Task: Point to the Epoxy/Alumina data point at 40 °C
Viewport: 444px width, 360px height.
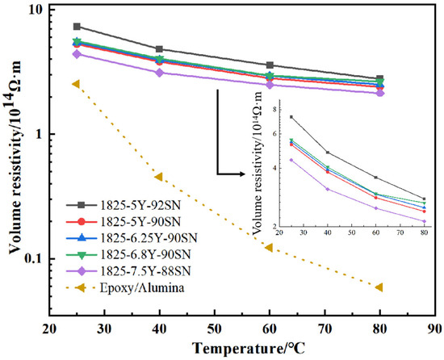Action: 159,177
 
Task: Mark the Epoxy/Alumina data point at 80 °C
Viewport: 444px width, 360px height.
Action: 379,287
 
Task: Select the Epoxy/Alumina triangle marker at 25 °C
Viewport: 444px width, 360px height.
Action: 77,83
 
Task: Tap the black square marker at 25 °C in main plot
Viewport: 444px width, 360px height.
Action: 77,27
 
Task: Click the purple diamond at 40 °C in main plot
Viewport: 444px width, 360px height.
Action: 159,73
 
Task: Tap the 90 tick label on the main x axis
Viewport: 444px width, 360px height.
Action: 434,331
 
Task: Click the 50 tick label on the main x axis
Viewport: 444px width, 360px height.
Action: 214,331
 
